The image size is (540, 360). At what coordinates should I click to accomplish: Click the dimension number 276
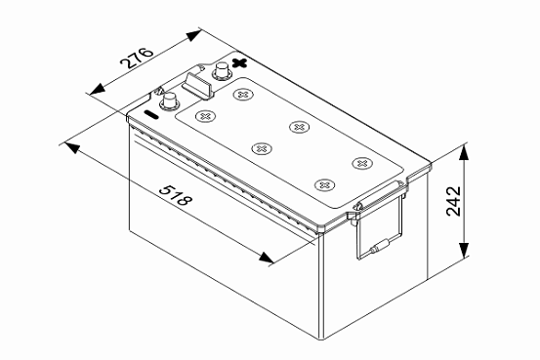pos(137,58)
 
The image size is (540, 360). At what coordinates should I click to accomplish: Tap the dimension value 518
pos(176,195)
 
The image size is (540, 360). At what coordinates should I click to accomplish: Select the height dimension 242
pos(453,201)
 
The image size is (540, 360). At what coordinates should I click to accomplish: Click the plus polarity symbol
pos(239,62)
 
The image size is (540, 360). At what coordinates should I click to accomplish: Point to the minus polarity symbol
pos(150,114)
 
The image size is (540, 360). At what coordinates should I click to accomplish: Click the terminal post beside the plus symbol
pos(221,71)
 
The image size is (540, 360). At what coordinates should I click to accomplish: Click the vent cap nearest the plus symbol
pos(243,95)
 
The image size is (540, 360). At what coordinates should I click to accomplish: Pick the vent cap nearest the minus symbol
pos(205,116)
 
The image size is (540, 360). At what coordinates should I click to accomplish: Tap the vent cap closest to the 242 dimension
pos(362,163)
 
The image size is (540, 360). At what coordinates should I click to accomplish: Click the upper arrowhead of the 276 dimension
pos(194,35)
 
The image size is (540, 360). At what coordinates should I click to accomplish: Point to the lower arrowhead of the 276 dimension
pos(97,90)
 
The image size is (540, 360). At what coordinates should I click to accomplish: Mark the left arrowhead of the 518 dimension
pos(71,147)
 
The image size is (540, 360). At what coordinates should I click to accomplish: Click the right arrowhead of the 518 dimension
pos(267,258)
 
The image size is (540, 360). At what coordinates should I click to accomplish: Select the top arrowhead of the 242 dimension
pos(464,152)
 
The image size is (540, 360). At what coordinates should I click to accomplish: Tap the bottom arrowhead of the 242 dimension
pos(464,250)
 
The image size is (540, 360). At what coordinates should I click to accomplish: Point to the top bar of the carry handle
pos(380,195)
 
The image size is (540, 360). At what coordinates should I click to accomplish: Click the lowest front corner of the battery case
pos(322,340)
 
